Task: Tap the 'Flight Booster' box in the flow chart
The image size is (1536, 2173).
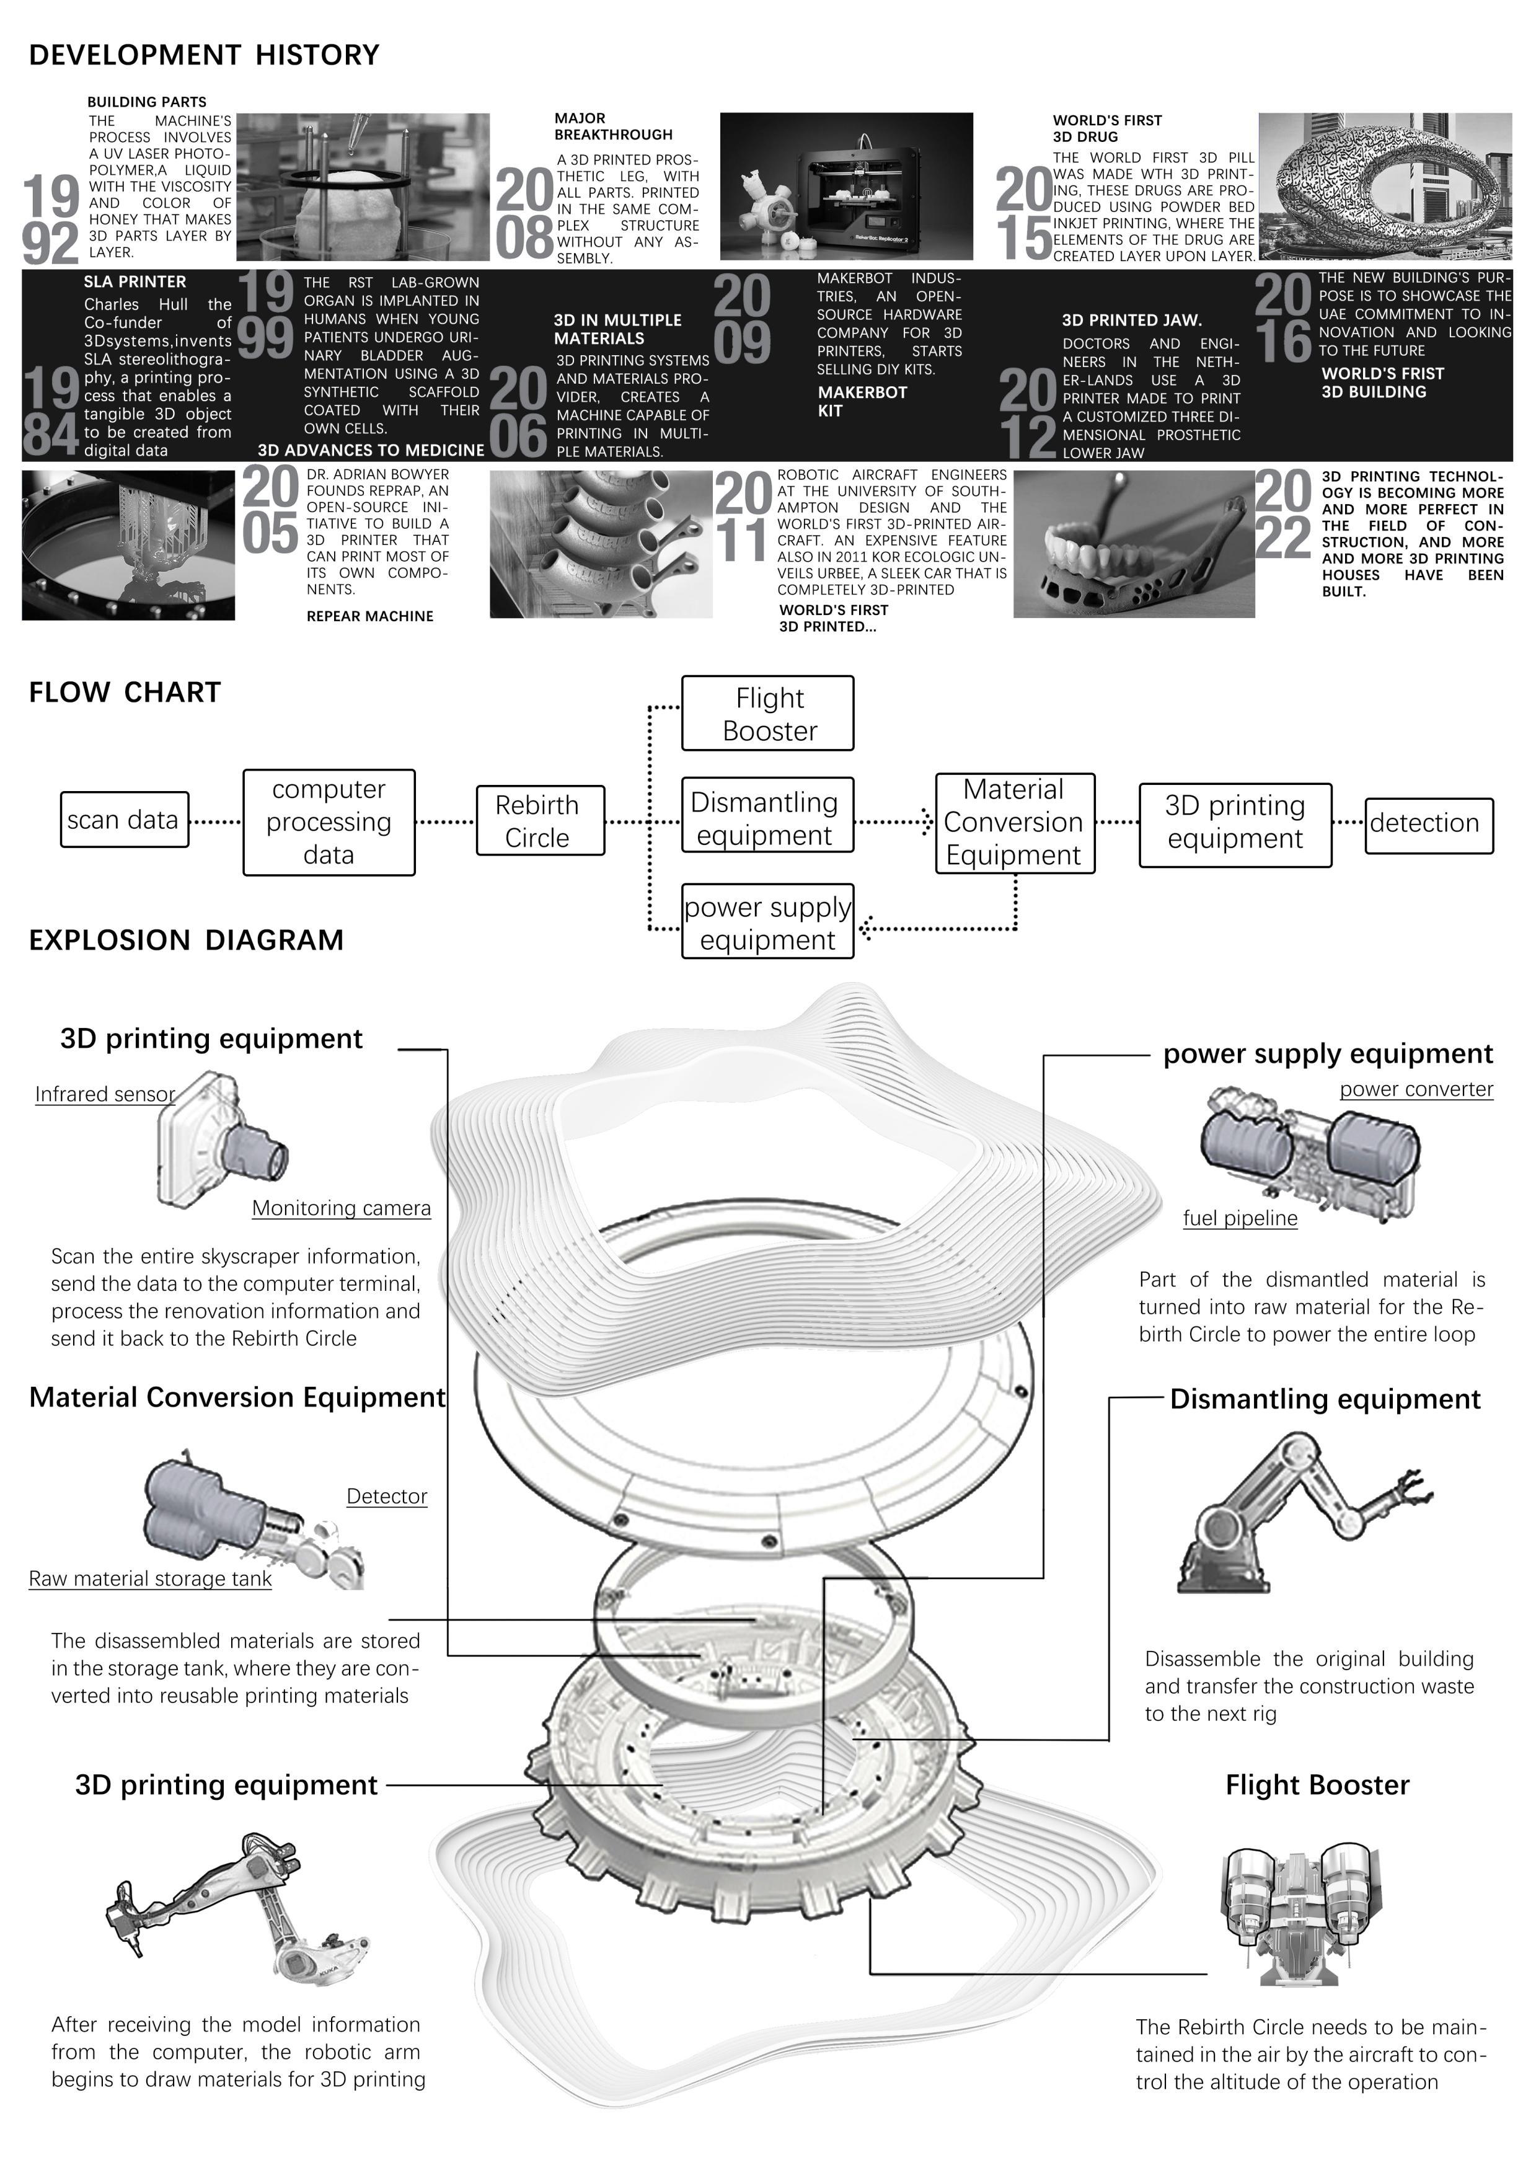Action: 767,714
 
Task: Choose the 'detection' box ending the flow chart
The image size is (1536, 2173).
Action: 1429,825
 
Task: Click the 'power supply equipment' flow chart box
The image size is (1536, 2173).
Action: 767,922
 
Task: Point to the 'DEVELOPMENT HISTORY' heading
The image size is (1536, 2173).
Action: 205,55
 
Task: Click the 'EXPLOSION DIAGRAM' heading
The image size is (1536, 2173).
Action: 187,940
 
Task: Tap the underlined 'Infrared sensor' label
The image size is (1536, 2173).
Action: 105,1094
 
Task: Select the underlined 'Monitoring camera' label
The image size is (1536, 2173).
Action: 342,1208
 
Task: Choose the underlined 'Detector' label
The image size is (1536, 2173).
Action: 387,1497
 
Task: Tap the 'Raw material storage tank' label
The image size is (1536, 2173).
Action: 151,1578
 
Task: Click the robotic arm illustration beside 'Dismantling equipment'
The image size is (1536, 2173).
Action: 1304,1512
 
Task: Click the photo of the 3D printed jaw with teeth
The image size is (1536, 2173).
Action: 1134,545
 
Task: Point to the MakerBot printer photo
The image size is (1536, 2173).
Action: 846,187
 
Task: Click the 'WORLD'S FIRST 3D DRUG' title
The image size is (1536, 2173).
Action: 1107,129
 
